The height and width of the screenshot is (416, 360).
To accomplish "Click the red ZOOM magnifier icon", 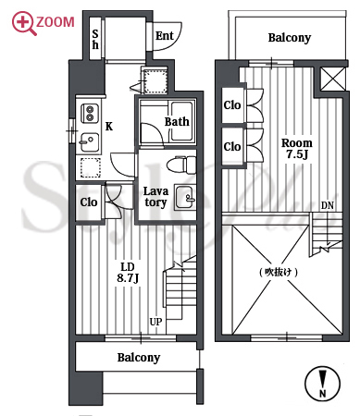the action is click(x=22, y=22).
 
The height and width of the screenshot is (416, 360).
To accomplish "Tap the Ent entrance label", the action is click(x=165, y=36).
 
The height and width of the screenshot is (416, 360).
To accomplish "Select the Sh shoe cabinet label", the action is click(x=95, y=40).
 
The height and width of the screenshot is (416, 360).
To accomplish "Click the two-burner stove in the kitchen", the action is click(x=90, y=113).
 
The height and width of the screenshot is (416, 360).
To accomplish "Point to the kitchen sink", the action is click(x=90, y=142).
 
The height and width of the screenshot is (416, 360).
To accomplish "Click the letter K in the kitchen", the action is click(x=109, y=127).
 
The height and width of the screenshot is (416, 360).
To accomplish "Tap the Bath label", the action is click(x=177, y=122).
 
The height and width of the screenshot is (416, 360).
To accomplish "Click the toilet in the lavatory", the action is click(x=181, y=165).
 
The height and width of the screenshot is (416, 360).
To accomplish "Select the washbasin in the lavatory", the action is click(x=185, y=197).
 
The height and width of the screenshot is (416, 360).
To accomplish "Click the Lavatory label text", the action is click(x=155, y=197).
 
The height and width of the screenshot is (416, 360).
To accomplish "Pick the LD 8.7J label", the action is click(x=128, y=273).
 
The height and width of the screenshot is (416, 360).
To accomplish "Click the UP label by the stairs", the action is click(x=155, y=322).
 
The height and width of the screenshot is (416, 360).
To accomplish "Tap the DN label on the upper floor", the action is click(x=328, y=205).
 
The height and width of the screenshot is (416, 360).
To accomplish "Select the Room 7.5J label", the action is click(x=297, y=149).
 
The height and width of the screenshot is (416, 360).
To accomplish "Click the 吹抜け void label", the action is click(x=279, y=273).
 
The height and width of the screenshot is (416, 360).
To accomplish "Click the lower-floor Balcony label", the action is click(x=139, y=358).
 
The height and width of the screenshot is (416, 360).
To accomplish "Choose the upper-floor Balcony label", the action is click(x=290, y=38).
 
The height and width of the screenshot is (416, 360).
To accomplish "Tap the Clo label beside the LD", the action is click(x=89, y=202).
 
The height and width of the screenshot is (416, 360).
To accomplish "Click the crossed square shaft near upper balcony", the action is click(x=332, y=79).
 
